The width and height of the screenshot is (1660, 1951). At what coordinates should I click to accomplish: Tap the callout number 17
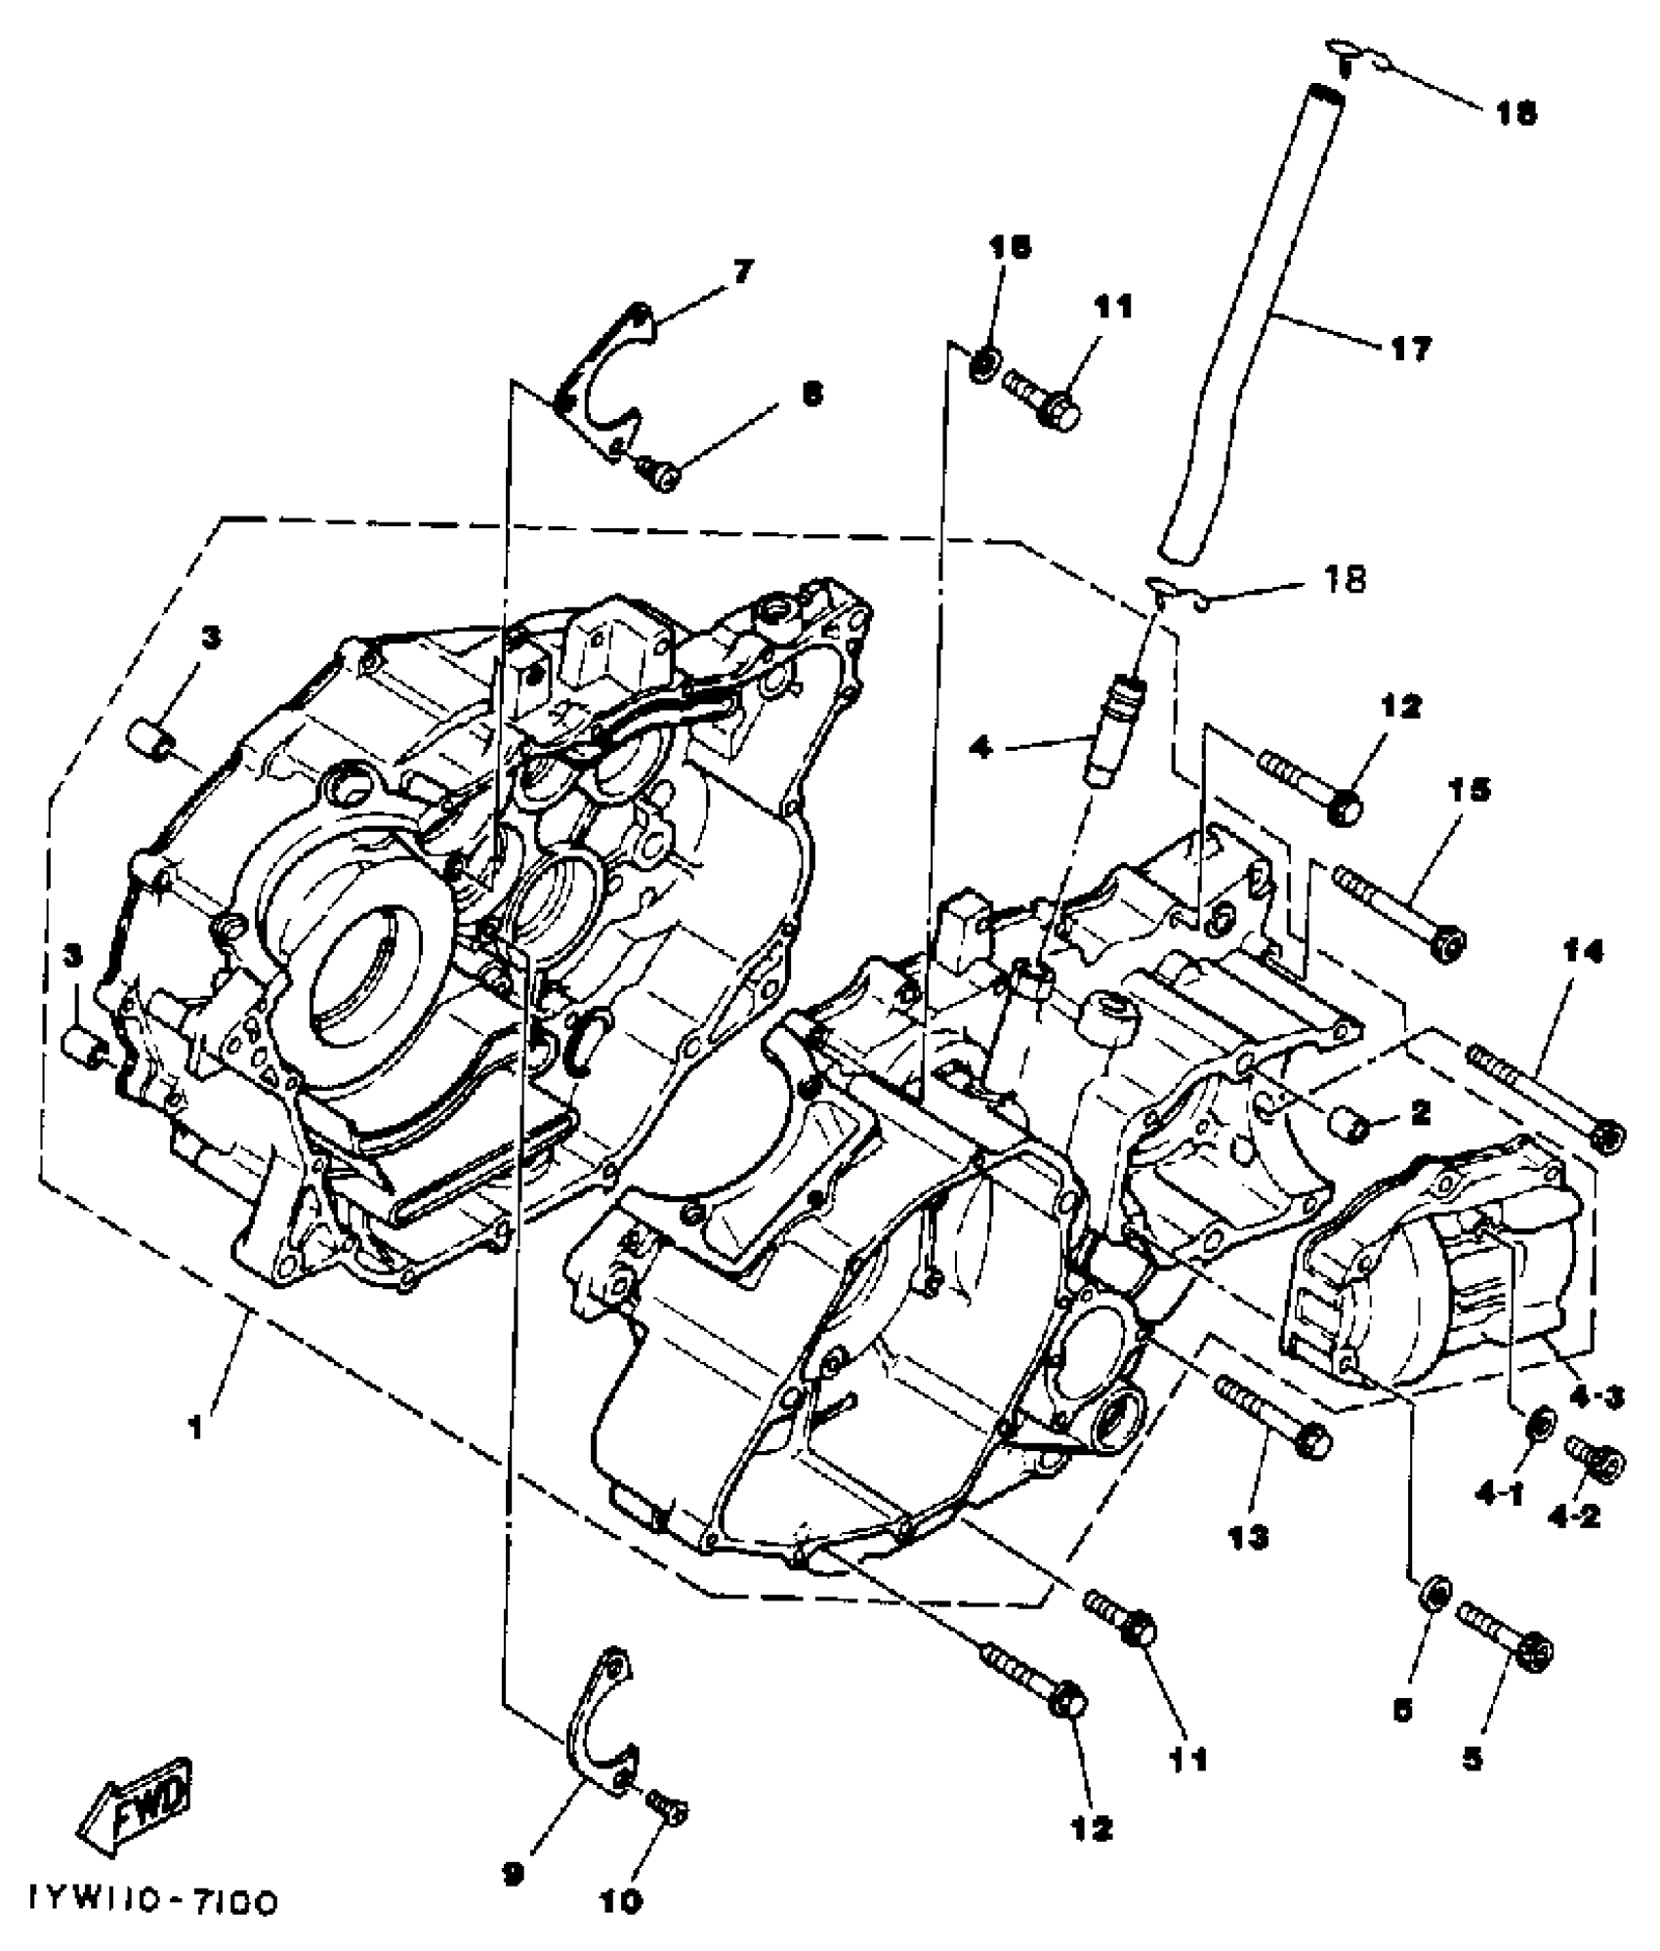1410,348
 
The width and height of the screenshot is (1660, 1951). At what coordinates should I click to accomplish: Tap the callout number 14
1583,952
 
